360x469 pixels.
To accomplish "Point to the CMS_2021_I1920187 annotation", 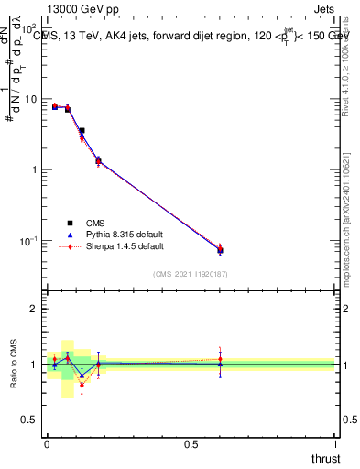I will pyautogui.click(x=191, y=275).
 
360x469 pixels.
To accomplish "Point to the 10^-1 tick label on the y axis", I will pyautogui.click(x=31, y=241).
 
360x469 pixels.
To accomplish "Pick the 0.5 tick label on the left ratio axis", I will pyautogui.click(x=33, y=420).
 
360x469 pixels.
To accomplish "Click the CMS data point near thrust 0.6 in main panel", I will pyautogui.click(x=220, y=250).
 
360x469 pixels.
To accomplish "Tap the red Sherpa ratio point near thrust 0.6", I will pyautogui.click(x=220, y=359).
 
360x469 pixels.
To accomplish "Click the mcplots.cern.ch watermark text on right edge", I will pyautogui.click(x=352, y=211).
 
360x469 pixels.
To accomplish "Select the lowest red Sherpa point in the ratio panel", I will pyautogui.click(x=82, y=385).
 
